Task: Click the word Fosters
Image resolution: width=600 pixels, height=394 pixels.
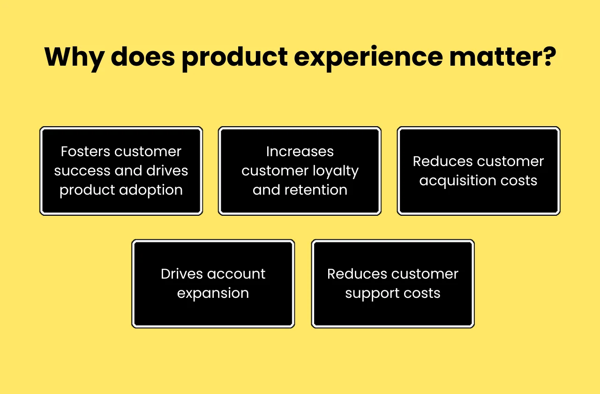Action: (85, 152)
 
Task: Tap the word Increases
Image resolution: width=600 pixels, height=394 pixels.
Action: (300, 152)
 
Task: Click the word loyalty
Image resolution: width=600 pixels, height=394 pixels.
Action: (333, 171)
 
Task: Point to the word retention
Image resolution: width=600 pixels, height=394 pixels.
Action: (316, 190)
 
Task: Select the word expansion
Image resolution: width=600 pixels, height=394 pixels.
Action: (213, 293)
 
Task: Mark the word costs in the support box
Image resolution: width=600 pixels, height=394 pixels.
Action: (422, 294)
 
